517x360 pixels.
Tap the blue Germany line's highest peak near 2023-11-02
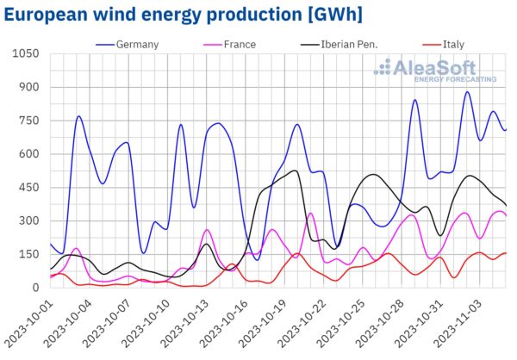click(467, 92)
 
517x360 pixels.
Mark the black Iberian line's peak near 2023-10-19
click(295, 171)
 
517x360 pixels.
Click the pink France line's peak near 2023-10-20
click(310, 213)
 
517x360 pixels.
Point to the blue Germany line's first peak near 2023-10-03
click(78, 116)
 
